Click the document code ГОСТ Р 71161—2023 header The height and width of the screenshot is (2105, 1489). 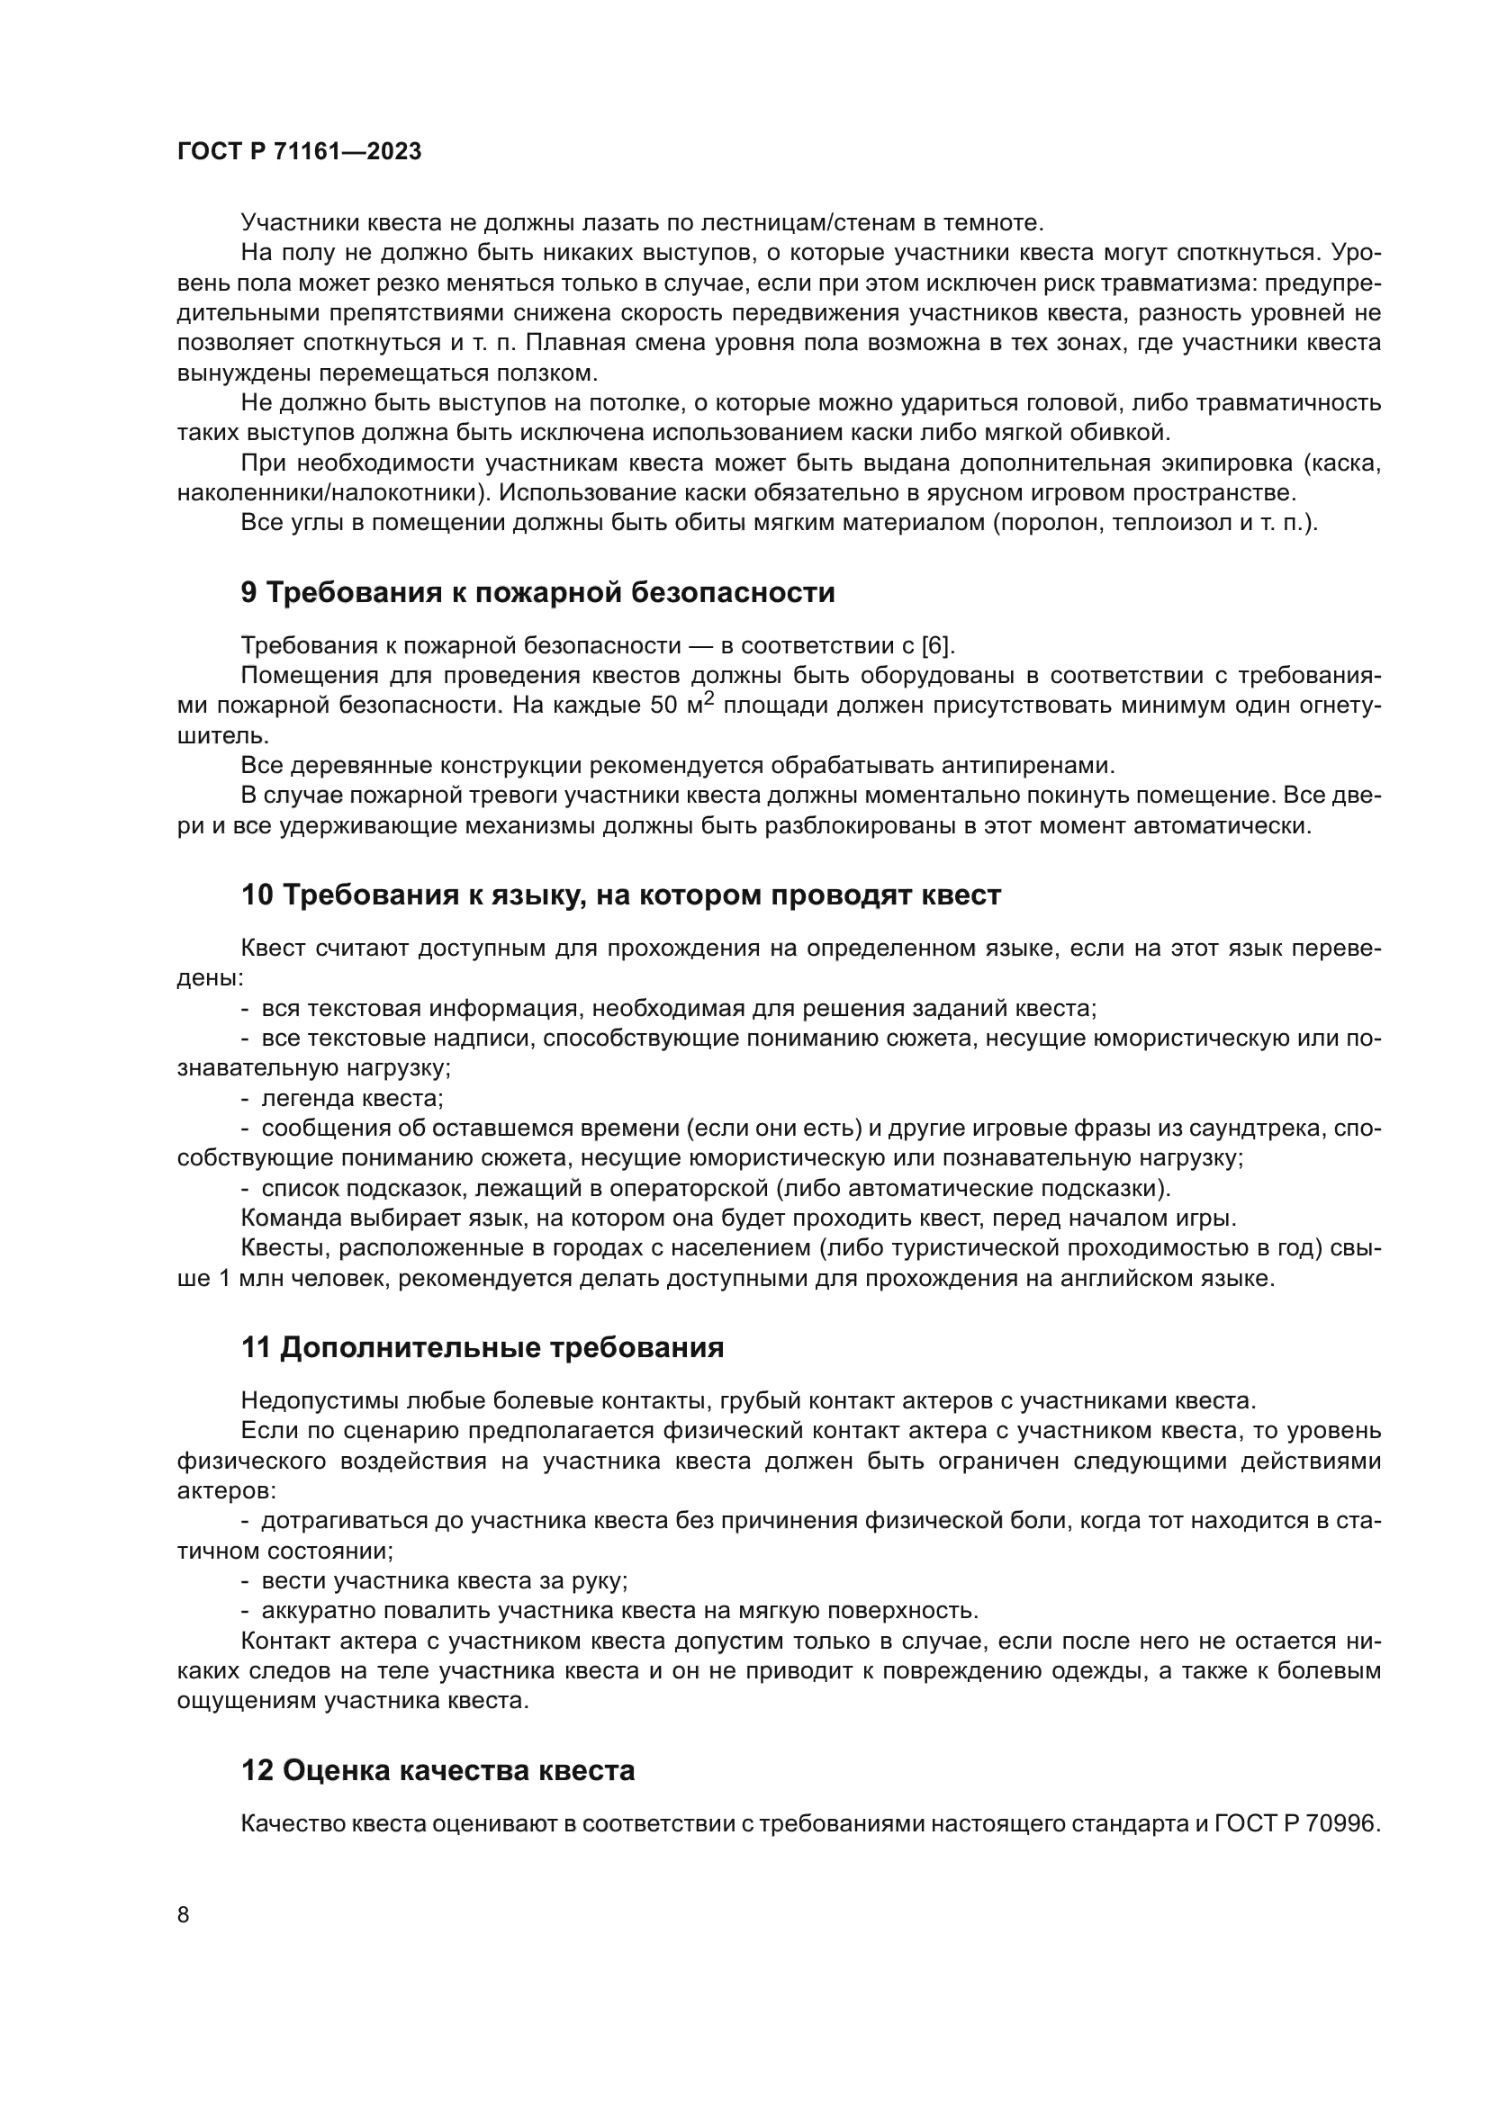299,152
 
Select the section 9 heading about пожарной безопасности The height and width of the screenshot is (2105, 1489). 537,593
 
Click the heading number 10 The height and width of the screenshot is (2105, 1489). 257,895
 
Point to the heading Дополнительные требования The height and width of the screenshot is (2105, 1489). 501,1348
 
